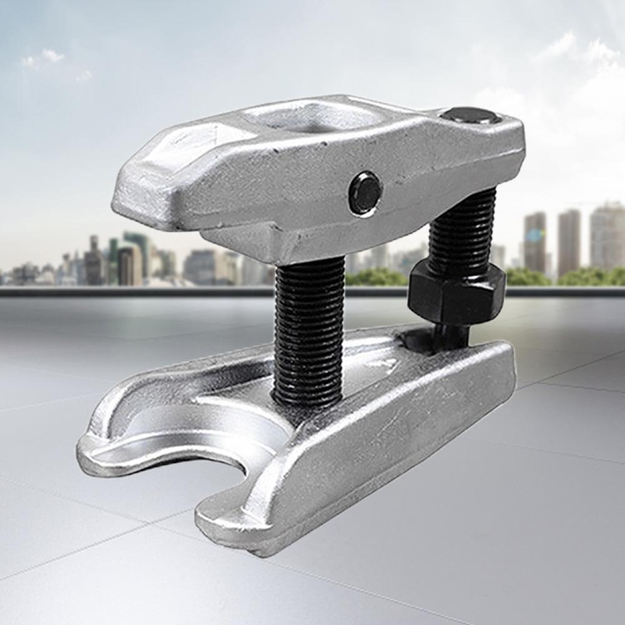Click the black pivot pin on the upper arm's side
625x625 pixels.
pyautogui.click(x=365, y=194)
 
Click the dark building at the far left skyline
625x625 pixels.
pyautogui.click(x=94, y=262)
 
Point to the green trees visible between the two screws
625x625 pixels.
pyautogui.click(x=375, y=277)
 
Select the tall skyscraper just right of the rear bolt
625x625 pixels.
pyautogui.click(x=535, y=244)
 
